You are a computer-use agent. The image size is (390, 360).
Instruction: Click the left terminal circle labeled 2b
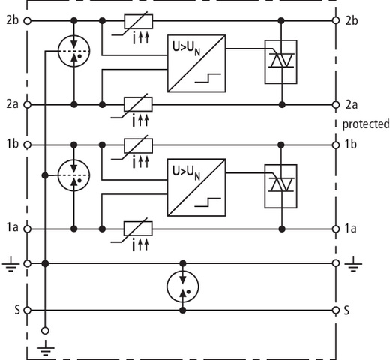click(x=28, y=21)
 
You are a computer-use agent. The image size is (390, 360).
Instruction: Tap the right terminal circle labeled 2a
click(x=336, y=105)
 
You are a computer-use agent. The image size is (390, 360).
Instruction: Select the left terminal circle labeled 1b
click(x=28, y=145)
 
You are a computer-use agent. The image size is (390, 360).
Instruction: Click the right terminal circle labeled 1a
click(x=336, y=229)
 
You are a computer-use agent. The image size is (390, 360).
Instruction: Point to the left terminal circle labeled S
click(x=28, y=310)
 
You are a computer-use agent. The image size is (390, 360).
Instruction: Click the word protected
click(x=366, y=124)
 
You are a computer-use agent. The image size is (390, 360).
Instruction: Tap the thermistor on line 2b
click(x=139, y=22)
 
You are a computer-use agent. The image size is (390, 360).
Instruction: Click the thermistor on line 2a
click(x=138, y=104)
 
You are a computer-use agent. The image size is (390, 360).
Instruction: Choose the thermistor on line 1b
click(x=139, y=146)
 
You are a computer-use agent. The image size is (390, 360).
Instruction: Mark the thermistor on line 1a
click(x=138, y=229)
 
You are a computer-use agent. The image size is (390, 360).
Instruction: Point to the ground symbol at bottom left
click(x=46, y=348)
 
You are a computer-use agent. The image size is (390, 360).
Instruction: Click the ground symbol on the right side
click(x=353, y=264)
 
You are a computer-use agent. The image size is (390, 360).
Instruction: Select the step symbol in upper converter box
click(x=208, y=78)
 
